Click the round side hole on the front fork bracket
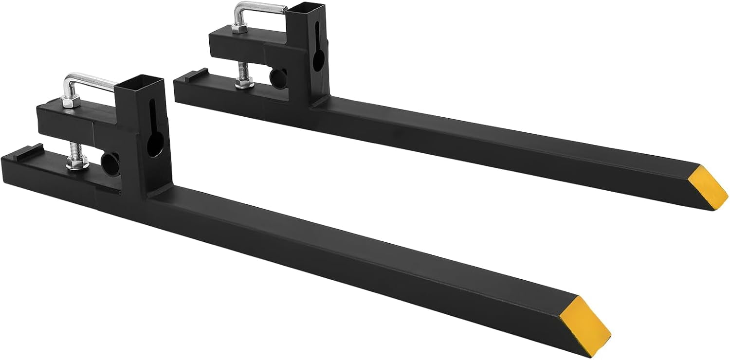(x=111, y=161)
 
